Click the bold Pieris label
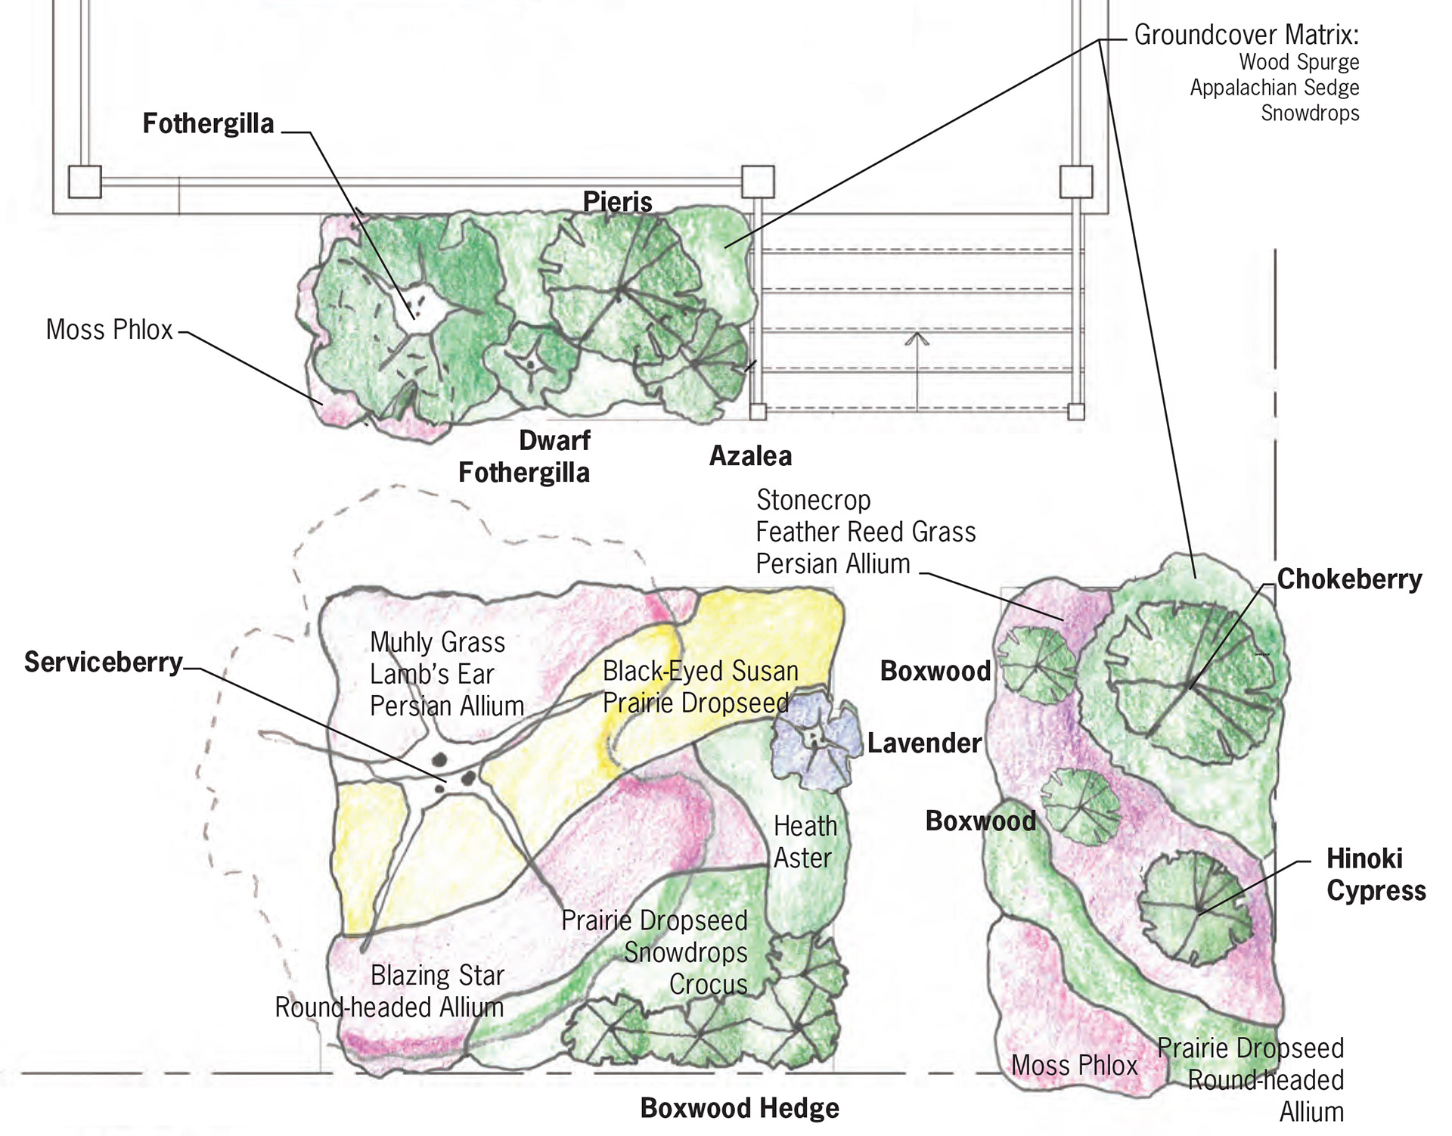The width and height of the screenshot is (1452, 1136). tap(617, 202)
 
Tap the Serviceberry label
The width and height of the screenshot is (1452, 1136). tap(103, 663)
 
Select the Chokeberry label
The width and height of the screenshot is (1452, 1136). tap(1349, 580)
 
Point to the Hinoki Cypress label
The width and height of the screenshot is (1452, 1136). tap(1376, 875)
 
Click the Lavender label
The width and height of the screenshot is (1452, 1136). tap(924, 743)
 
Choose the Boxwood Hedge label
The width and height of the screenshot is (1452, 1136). tap(739, 1109)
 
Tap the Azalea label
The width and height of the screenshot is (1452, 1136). tap(750, 456)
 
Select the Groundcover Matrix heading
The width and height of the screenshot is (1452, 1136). tap(1246, 36)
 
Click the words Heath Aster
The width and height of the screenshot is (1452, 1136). tap(805, 843)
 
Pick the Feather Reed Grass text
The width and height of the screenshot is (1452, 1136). tap(865, 532)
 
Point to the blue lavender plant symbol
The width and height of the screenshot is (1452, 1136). tap(815, 741)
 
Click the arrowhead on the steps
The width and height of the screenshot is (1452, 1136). tap(917, 337)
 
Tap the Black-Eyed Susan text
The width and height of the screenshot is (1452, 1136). tap(700, 672)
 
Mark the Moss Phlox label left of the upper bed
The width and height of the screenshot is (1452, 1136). tap(110, 331)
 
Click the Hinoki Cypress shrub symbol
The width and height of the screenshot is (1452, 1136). tap(1195, 908)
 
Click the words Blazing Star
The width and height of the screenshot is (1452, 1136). tap(437, 976)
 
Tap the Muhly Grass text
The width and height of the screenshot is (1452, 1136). tap(437, 643)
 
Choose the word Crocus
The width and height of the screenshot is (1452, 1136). tap(708, 985)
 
